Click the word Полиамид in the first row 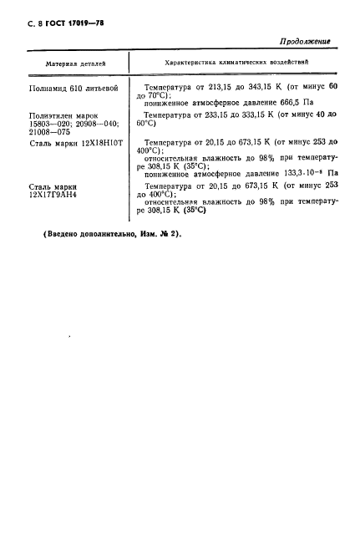(49, 87)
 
